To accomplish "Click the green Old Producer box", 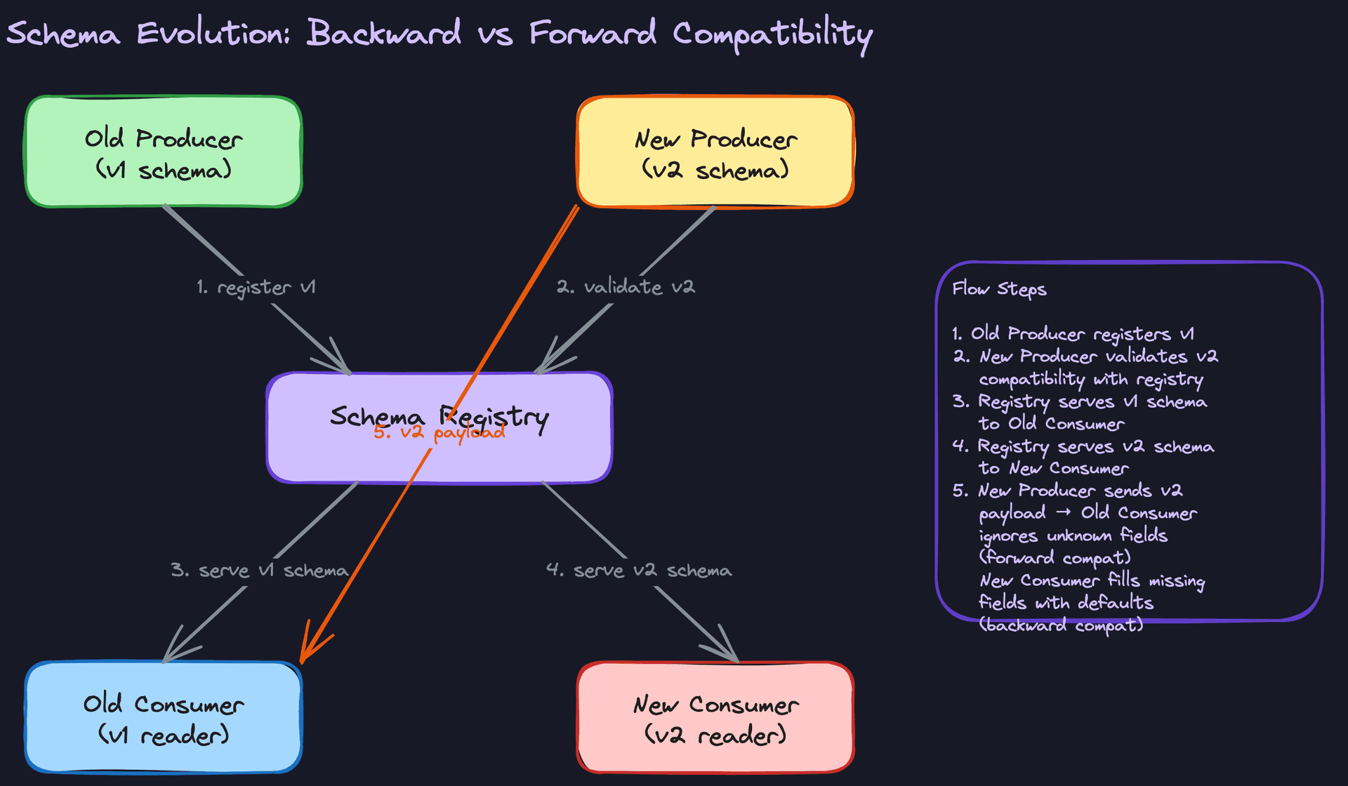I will pyautogui.click(x=164, y=152).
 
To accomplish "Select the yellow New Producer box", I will pyautogui.click(x=715, y=152).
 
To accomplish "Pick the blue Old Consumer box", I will pyautogui.click(x=164, y=718).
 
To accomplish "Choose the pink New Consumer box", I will pyautogui.click(x=715, y=718).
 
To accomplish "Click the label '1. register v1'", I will pyautogui.click(x=256, y=288).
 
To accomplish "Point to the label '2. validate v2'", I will pyautogui.click(x=626, y=287).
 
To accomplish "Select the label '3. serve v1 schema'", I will pyautogui.click(x=259, y=571).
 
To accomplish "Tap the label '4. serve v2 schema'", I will pyautogui.click(x=639, y=571).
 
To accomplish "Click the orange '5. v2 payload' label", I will pyautogui.click(x=439, y=432).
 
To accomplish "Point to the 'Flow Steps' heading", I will pyautogui.click(x=999, y=289).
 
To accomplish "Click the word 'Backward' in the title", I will pyautogui.click(x=383, y=33).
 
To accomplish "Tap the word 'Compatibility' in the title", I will pyautogui.click(x=772, y=34).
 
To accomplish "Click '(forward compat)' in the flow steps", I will pyautogui.click(x=1055, y=558).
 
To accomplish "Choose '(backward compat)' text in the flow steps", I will pyautogui.click(x=1061, y=625).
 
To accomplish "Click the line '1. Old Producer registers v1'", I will pyautogui.click(x=1073, y=334).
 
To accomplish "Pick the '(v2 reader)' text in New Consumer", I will pyautogui.click(x=715, y=735).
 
